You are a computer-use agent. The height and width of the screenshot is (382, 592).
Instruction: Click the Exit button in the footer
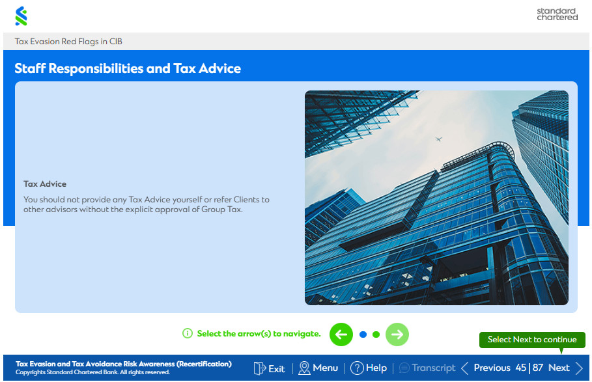click(x=269, y=368)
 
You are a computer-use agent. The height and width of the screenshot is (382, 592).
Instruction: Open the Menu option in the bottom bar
click(x=318, y=368)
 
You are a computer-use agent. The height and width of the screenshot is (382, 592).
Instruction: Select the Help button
click(x=369, y=368)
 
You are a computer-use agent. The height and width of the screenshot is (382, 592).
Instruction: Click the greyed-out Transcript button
click(x=427, y=368)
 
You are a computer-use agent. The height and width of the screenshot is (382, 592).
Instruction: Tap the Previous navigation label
click(x=492, y=368)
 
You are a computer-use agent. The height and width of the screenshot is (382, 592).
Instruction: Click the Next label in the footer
click(x=559, y=368)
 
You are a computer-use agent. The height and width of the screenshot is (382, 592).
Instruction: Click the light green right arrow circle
click(x=397, y=334)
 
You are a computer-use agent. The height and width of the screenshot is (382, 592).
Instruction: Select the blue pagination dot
click(x=363, y=334)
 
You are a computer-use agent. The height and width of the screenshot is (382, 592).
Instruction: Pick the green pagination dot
click(x=376, y=334)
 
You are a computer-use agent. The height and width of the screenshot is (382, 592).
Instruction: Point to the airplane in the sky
click(x=438, y=139)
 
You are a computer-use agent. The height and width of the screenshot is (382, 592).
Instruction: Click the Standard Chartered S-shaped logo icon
click(x=21, y=16)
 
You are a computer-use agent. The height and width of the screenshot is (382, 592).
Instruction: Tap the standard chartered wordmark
click(x=557, y=14)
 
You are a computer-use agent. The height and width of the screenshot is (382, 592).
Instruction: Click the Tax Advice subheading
click(x=45, y=184)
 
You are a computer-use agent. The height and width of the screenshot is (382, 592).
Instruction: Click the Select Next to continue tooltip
click(x=532, y=340)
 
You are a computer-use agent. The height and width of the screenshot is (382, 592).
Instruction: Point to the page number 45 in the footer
click(x=520, y=368)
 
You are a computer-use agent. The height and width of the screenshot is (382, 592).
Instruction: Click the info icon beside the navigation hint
click(x=188, y=333)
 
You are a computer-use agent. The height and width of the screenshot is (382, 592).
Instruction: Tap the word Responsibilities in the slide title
click(x=95, y=68)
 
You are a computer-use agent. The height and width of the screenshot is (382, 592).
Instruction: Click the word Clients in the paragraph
click(x=247, y=200)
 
